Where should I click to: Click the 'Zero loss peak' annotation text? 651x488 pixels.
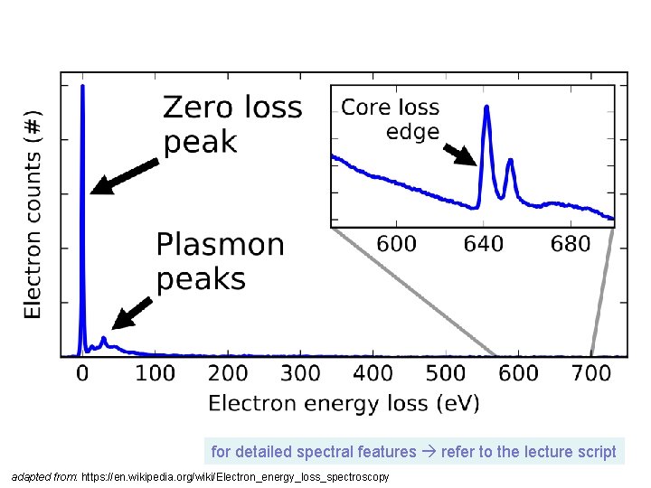coord(231,125)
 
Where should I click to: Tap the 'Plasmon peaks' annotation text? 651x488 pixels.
coord(220,261)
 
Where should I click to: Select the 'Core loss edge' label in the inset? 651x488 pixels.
coord(391,119)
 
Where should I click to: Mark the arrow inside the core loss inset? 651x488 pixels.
coord(460,154)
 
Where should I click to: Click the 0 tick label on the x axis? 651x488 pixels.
coord(83,373)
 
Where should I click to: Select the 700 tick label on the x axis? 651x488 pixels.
coord(592,373)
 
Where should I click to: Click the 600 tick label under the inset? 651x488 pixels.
coord(397,244)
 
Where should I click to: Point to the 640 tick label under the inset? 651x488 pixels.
coord(483,244)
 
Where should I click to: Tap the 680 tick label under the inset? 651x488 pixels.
coord(570,244)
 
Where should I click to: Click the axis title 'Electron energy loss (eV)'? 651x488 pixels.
coord(344,403)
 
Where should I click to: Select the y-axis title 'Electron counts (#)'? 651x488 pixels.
coord(33,214)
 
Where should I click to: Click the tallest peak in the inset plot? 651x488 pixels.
coord(486,108)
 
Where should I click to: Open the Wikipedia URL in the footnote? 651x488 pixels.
coord(235,476)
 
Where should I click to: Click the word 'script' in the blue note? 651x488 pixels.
coord(598,451)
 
